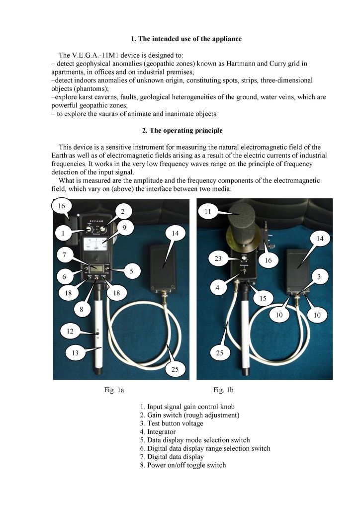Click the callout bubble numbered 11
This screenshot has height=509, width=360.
[208, 212]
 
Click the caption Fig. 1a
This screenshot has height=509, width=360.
[114, 390]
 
